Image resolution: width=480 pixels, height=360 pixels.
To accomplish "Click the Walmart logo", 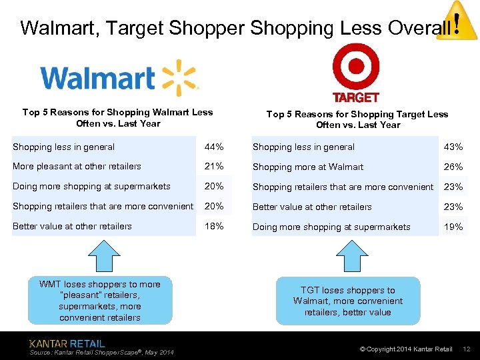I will [x=119, y=78].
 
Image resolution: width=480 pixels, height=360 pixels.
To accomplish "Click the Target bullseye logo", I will [x=355, y=67].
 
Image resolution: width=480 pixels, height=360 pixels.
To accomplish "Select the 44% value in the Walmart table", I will [x=214, y=147].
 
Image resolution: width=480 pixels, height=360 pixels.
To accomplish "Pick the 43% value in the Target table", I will [x=453, y=147].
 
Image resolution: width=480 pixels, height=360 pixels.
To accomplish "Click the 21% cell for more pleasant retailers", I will [x=214, y=166].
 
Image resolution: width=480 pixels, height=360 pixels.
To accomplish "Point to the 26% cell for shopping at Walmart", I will [x=453, y=167].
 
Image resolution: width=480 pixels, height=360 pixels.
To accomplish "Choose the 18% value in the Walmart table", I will [x=214, y=226].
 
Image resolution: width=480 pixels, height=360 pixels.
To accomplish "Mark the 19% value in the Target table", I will [x=453, y=227].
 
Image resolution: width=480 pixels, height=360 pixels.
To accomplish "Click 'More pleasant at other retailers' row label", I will [x=77, y=166].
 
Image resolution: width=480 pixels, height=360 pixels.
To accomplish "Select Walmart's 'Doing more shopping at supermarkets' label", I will [x=91, y=186].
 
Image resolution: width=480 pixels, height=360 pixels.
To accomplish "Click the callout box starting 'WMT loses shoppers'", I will [x=99, y=301].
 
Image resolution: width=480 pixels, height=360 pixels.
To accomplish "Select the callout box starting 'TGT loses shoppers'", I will [x=348, y=301].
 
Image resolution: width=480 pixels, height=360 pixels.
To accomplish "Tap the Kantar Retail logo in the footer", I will [x=67, y=343].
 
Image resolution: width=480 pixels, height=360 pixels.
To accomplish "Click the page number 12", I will [x=467, y=349].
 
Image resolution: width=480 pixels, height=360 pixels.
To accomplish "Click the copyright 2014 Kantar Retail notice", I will [x=406, y=349].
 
